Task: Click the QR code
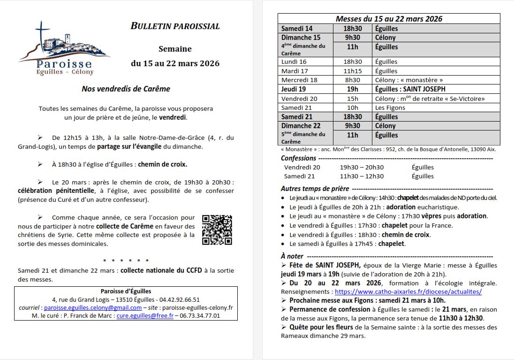coord(217,230)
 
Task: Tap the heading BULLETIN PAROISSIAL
coord(175,26)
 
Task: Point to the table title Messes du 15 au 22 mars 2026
coord(389,19)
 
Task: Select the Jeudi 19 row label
coord(294,89)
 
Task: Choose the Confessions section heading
coord(299,158)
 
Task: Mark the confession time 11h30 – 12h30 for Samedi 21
coord(362,176)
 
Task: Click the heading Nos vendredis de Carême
coord(126,89)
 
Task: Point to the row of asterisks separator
coord(126,260)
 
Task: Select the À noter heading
coord(292,256)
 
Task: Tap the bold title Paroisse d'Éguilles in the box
coord(126,291)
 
